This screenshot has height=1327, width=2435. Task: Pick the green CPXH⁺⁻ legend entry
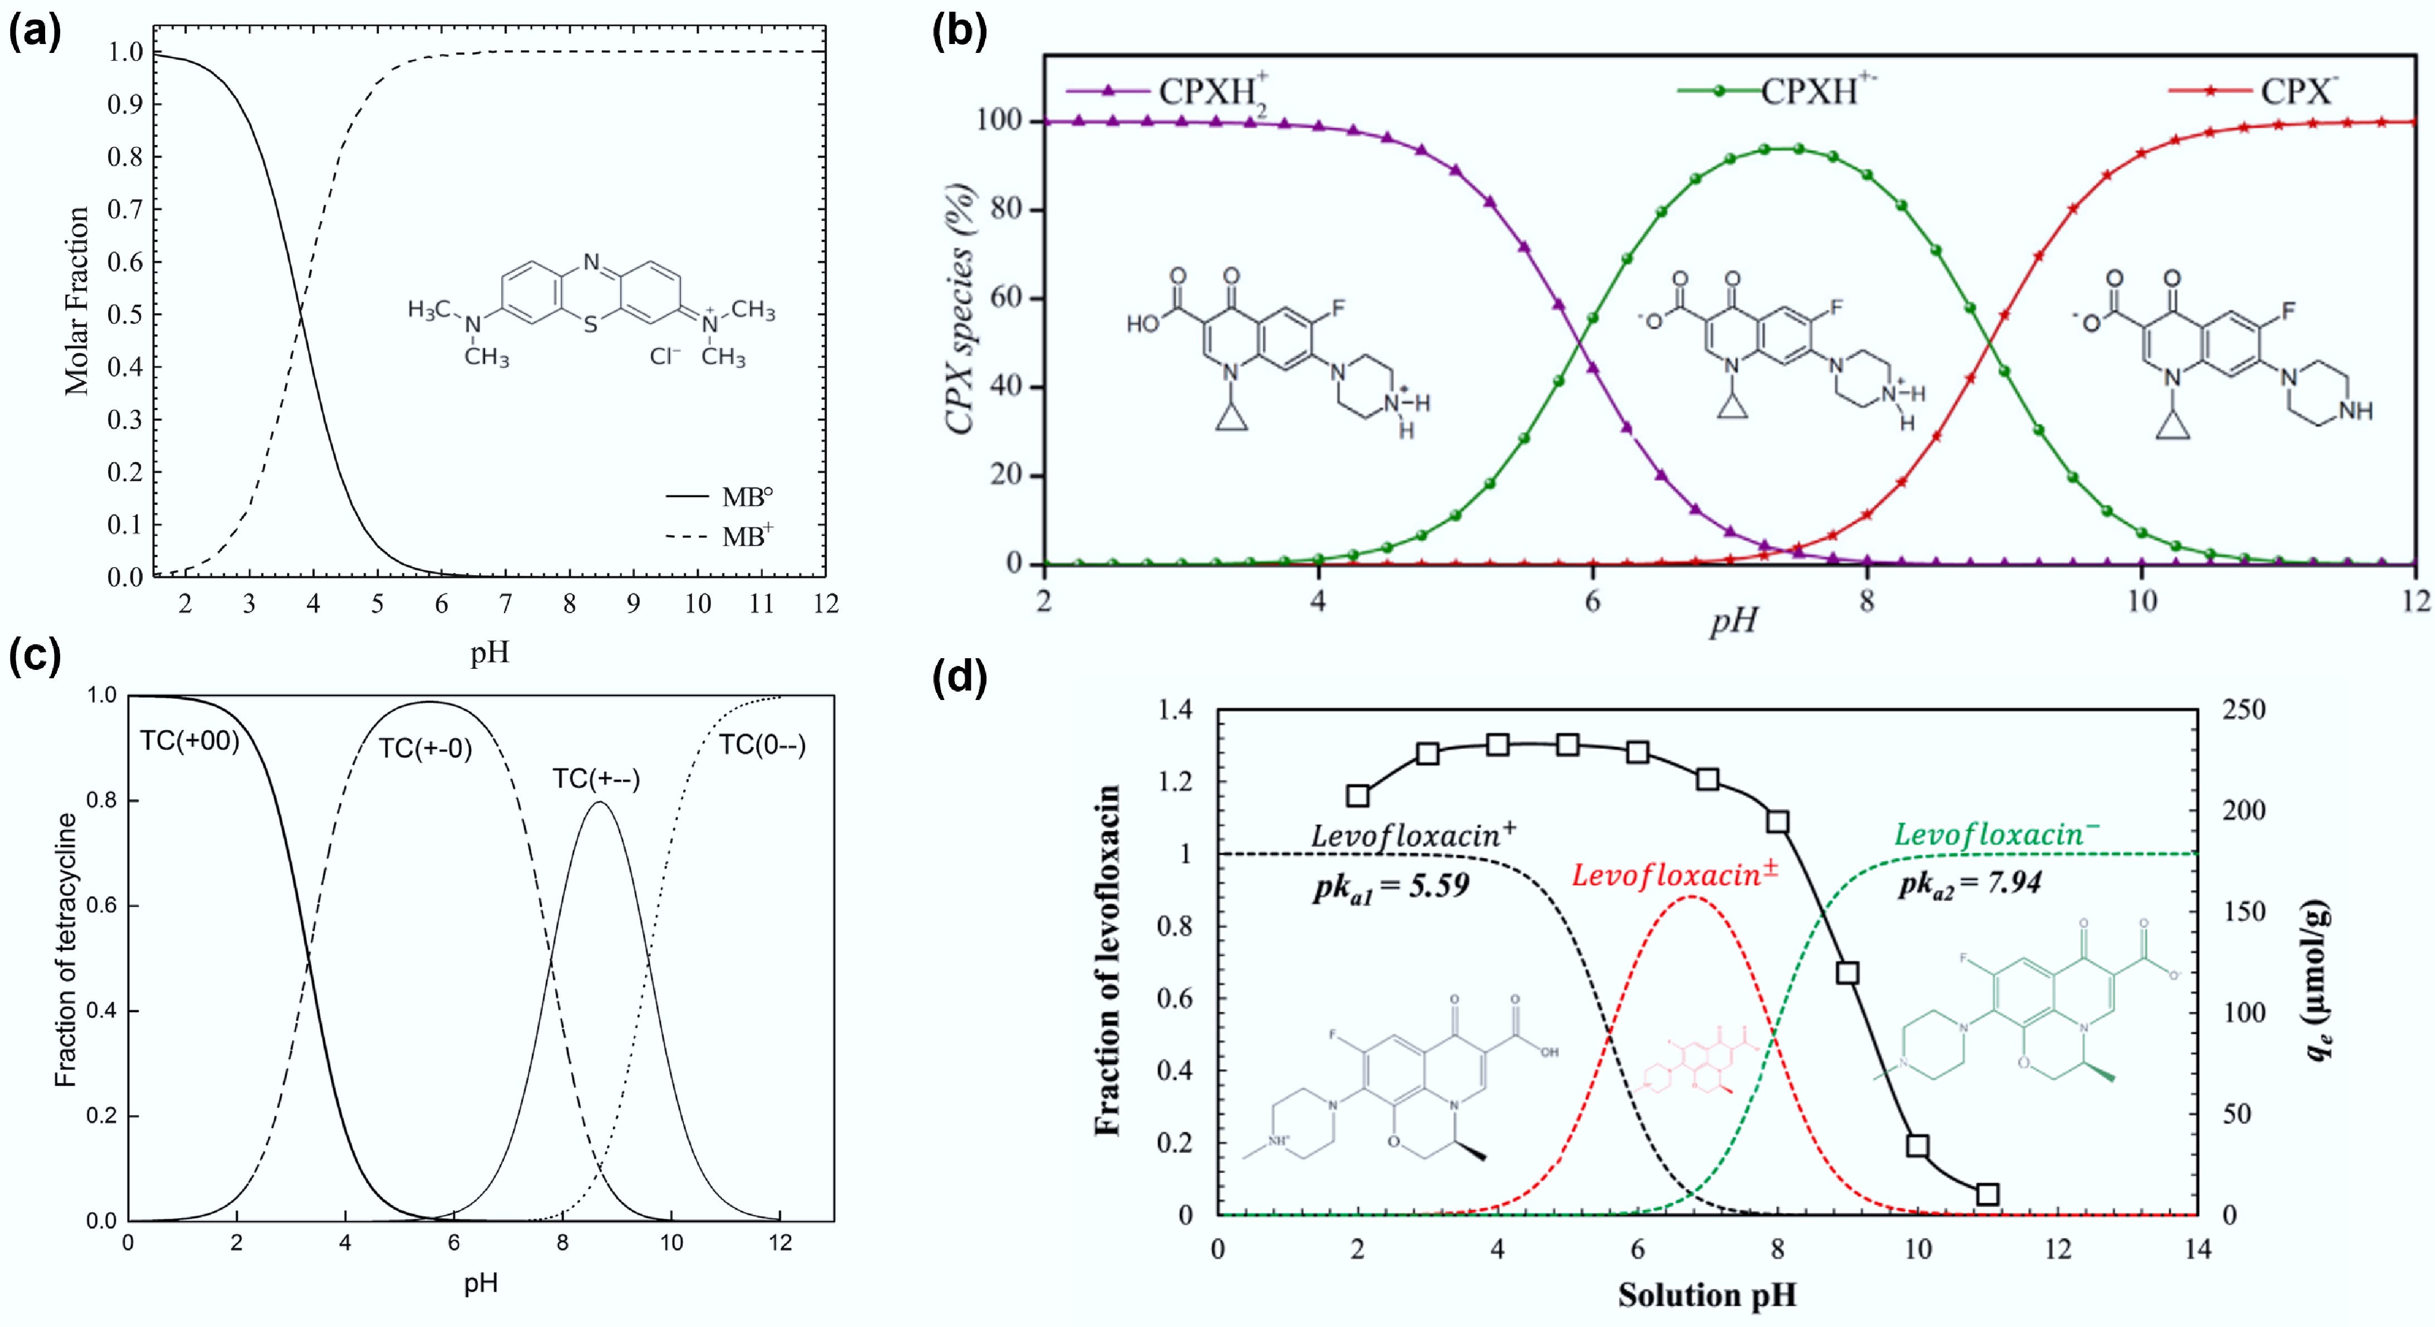coord(1777,91)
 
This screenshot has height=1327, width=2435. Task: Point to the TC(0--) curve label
coord(762,746)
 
